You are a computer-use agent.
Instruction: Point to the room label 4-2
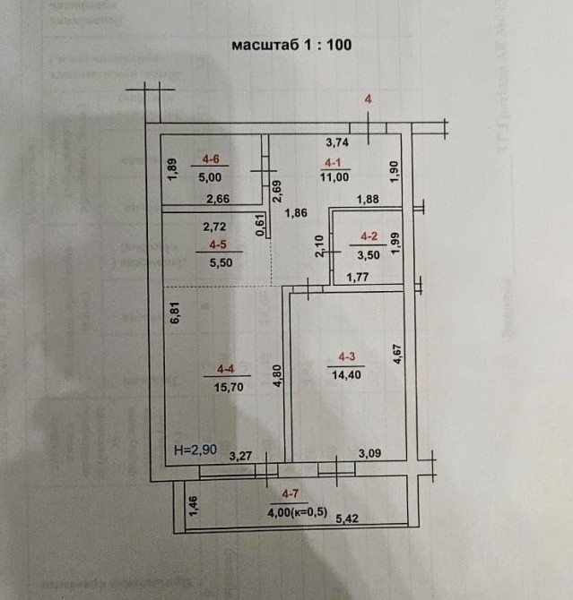click(369, 236)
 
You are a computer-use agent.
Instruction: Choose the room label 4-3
click(346, 356)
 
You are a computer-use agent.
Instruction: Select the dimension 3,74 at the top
click(336, 141)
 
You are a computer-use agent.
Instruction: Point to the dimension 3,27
click(239, 456)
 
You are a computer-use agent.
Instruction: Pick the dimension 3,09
click(369, 454)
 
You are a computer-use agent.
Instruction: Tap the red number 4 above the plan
click(367, 99)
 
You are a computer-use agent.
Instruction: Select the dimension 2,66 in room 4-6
click(217, 199)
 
